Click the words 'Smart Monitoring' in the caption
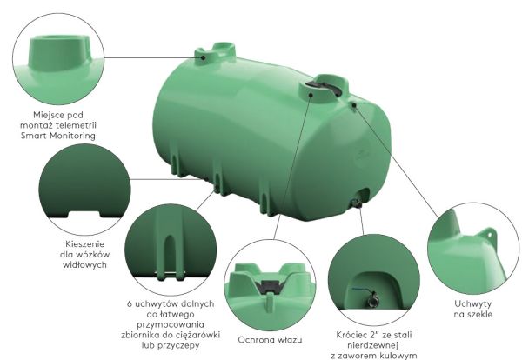coord(58,136)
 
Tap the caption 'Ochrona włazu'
coord(270,340)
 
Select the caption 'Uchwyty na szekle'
coord(472,309)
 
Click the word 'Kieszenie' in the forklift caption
coord(85,243)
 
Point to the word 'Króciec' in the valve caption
coord(351,335)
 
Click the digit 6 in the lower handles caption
coord(130,303)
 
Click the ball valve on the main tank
coord(357,203)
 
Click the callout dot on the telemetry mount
coord(203,57)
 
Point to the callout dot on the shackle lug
coord(354,105)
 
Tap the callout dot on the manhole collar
coord(311,95)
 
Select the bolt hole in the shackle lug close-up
coord(490,235)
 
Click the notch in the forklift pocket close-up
coord(84,214)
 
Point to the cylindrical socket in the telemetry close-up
coord(59,53)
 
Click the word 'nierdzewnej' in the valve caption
coord(372,345)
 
